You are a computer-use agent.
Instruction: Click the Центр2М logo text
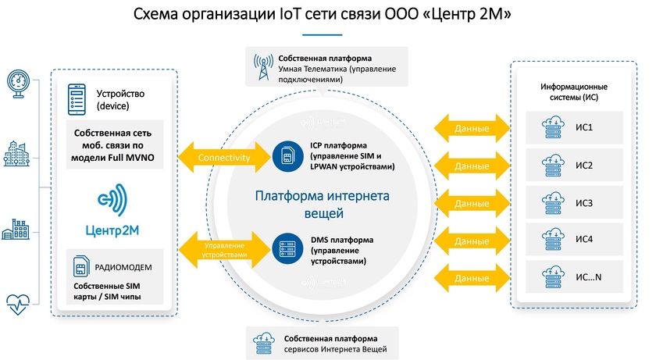point(112,229)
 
